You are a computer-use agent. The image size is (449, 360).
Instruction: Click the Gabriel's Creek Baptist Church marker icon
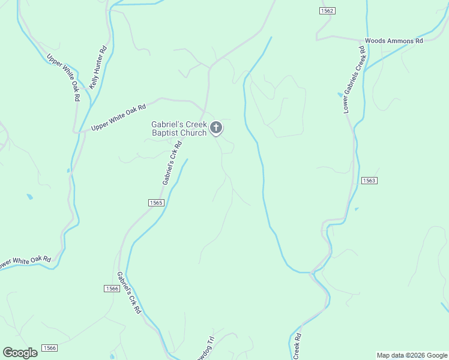(x=216, y=128)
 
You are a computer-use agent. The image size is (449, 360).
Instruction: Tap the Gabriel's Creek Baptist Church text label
(x=179, y=128)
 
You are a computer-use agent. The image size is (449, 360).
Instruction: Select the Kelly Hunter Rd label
(x=98, y=67)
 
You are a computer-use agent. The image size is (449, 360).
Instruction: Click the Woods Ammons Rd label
(x=394, y=41)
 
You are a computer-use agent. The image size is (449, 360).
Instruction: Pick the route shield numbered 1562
(x=327, y=11)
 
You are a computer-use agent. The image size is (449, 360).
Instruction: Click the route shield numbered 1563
(x=369, y=180)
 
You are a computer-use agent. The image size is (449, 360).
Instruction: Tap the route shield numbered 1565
(x=156, y=203)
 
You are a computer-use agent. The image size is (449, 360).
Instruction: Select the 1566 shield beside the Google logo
(x=49, y=348)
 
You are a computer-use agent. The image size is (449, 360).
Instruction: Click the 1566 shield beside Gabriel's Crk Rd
(x=112, y=289)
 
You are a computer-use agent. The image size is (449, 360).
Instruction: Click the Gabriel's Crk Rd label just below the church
(x=171, y=163)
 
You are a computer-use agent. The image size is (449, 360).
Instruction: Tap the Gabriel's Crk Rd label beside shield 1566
(x=129, y=293)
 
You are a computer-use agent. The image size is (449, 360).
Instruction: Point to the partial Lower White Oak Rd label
(x=25, y=262)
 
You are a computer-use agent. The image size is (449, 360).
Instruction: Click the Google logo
(x=20, y=352)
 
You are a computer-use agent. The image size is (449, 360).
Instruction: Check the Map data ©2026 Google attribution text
(x=412, y=355)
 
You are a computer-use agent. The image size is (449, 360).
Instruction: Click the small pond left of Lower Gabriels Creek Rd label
(x=340, y=95)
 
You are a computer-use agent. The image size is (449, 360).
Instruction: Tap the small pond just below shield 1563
(x=357, y=209)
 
